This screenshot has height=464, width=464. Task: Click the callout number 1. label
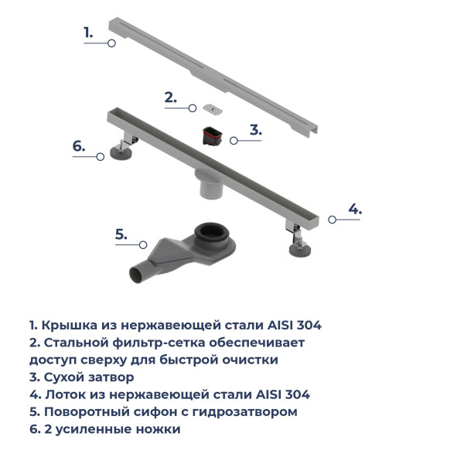[x=88, y=32]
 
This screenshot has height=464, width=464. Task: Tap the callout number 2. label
[x=170, y=97]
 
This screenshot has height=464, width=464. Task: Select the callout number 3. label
[x=255, y=130]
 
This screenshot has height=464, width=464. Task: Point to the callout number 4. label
[x=354, y=208]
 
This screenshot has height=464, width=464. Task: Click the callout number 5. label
[x=121, y=235]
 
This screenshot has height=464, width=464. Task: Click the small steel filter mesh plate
[x=210, y=108]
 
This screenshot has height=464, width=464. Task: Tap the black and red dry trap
[x=211, y=136]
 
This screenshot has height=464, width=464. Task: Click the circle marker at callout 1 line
[x=111, y=44]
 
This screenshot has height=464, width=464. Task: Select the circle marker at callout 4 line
[x=332, y=220]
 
